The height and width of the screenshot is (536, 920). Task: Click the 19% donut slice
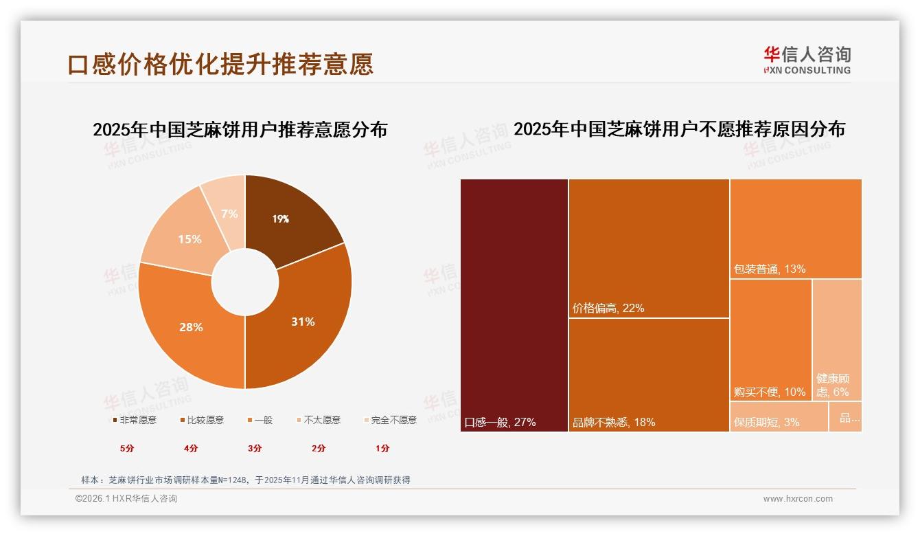click(288, 216)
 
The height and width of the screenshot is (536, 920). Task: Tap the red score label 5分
click(127, 448)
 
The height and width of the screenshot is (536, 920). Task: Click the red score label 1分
click(382, 448)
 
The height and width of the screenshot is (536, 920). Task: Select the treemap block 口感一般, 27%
click(514, 305)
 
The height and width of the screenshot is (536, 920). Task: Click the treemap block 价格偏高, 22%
click(649, 248)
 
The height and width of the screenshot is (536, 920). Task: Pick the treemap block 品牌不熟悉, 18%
click(649, 375)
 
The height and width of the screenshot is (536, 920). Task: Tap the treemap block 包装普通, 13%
click(796, 228)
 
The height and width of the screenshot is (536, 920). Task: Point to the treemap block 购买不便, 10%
click(770, 339)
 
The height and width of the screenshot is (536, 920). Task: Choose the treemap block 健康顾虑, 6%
click(836, 339)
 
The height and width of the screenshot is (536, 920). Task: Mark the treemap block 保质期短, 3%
click(779, 416)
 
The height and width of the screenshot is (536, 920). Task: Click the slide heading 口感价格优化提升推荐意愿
click(220, 64)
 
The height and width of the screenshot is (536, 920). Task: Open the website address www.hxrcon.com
click(798, 499)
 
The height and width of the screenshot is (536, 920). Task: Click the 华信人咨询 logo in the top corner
click(807, 60)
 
